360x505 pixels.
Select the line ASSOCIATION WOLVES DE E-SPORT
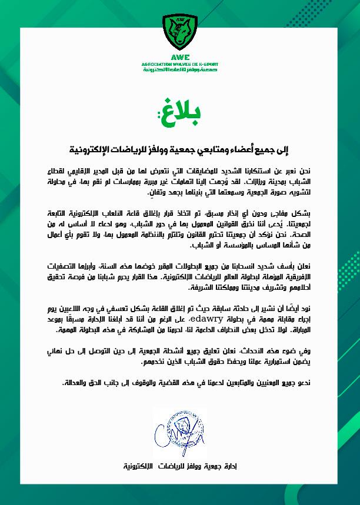pos(180,64)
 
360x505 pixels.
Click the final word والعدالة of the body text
pos(74,383)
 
